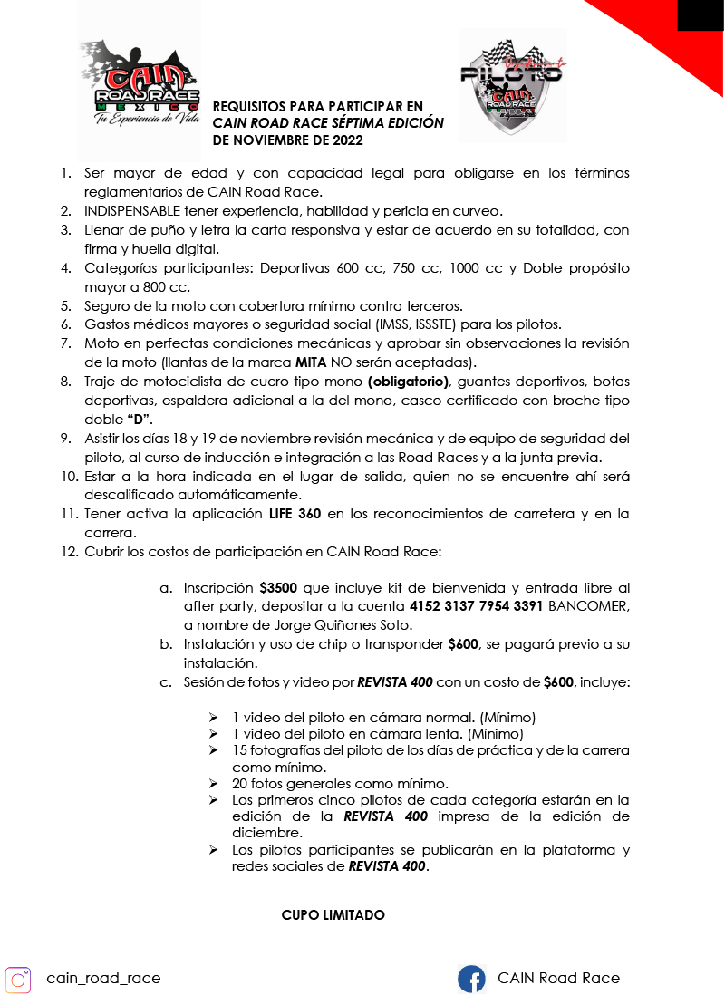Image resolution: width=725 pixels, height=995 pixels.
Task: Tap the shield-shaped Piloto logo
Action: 513,86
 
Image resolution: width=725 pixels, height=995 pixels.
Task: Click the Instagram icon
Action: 18,979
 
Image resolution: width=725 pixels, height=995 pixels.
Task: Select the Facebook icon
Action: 471,979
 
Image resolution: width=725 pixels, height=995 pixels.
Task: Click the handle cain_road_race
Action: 103,978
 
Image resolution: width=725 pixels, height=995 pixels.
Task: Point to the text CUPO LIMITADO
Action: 333,915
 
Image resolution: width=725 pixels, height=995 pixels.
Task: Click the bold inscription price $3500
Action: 278,587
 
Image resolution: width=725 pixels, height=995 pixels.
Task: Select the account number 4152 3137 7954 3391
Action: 476,606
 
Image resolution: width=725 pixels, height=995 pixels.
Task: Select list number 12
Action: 69,552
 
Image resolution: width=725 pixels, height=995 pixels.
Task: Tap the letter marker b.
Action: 166,644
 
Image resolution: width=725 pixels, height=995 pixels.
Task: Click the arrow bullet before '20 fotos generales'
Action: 213,784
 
